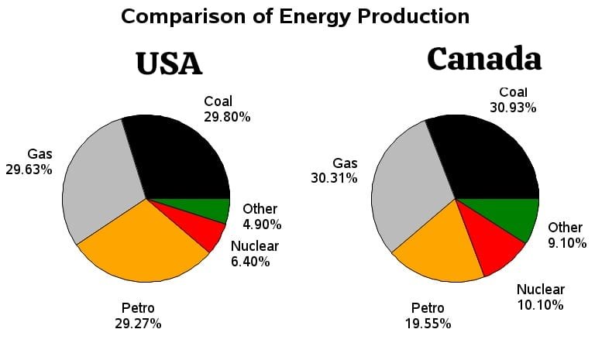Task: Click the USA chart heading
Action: point(169,63)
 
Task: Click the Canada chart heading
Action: point(483,59)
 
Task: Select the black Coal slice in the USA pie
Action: point(182,159)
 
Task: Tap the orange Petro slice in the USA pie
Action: point(143,244)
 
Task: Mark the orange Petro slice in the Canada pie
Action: point(438,248)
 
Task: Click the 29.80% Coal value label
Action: point(227,117)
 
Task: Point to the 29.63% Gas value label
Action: point(29,169)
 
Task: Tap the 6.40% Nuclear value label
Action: point(250,262)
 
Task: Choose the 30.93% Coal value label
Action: point(513,108)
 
